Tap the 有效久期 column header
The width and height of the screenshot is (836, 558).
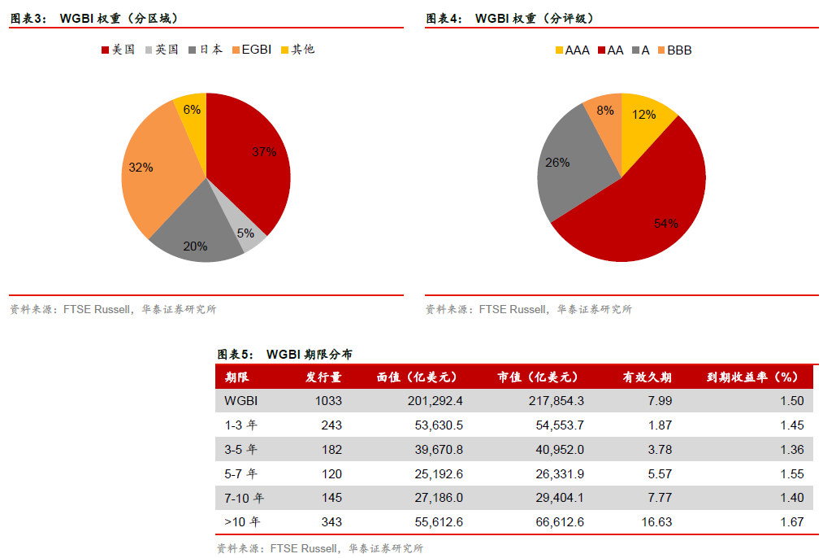pyautogui.click(x=648, y=377)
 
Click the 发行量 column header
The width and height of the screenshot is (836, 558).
pyautogui.click(x=323, y=377)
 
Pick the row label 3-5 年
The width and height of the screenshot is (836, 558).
pyautogui.click(x=241, y=449)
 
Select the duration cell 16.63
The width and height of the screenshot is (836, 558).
pyautogui.click(x=656, y=522)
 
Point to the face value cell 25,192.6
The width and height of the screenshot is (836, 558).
pyautogui.click(x=436, y=473)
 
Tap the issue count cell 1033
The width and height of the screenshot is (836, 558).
pyautogui.click(x=328, y=400)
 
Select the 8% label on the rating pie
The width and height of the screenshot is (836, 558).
pyautogui.click(x=605, y=110)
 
